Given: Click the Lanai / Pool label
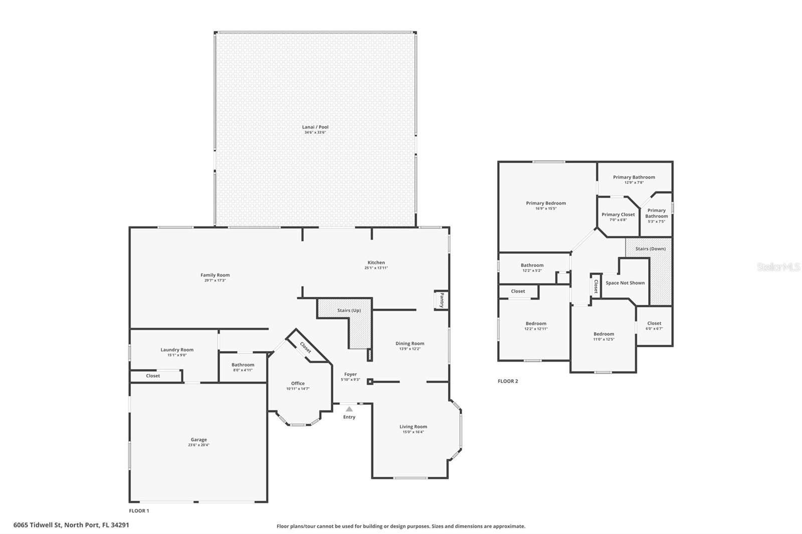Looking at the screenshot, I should point(315,127).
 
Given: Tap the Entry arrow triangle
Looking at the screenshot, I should point(349,409).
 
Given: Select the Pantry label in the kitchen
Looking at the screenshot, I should point(442,301).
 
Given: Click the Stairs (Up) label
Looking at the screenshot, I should point(349,311).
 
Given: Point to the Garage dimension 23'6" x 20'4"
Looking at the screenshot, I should point(198,445).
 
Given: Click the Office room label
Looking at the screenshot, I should point(298,383).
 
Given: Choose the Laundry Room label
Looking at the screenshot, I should point(177,350).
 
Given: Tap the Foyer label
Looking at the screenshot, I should point(350,374).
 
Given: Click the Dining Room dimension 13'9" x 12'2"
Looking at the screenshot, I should point(410,349).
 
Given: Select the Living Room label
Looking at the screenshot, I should point(413,427).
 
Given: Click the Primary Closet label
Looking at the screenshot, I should point(618,214).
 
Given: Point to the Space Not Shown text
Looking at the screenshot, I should point(625,283).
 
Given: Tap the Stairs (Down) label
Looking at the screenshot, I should point(650,249).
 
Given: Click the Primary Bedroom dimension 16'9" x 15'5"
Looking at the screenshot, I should point(546,208).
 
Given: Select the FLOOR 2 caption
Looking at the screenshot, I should point(508,381).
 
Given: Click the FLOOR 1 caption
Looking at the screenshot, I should point(139,511).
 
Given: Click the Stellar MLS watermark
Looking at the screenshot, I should point(778,267).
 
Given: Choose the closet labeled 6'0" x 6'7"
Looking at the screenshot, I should point(654,329).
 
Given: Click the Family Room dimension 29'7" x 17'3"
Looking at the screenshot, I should point(215,281).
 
